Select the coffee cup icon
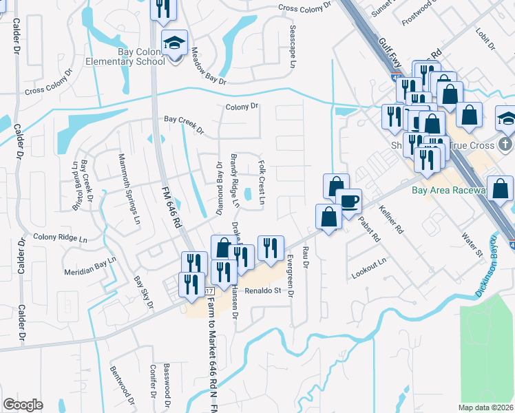(350, 200)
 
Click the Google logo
(23, 405)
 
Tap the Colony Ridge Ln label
(60, 239)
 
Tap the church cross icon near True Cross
(505, 145)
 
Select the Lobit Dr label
(486, 39)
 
